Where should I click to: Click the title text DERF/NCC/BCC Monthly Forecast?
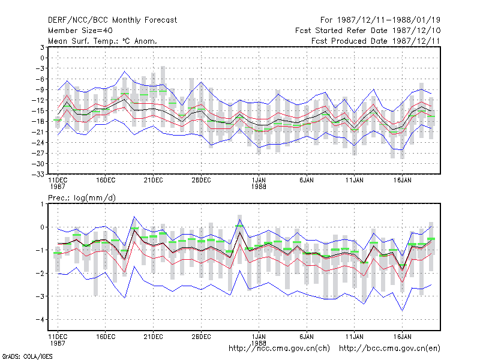[x=112, y=20]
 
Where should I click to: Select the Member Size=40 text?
[x=80, y=31]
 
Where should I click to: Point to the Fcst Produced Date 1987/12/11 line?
[x=376, y=41]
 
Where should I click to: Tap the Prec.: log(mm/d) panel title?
[x=82, y=198]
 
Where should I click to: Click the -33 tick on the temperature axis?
[x=38, y=174]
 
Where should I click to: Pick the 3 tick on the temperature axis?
[x=42, y=47]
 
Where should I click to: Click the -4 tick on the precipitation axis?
[x=40, y=320]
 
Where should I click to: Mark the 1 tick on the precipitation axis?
[x=42, y=204]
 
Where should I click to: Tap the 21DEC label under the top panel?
[x=154, y=181]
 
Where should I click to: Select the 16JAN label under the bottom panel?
[x=402, y=337]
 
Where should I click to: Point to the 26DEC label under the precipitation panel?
[x=201, y=337]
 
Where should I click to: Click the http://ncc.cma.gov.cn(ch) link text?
[x=279, y=349]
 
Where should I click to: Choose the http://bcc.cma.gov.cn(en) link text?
[x=389, y=349]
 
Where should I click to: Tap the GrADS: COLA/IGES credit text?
[x=27, y=356]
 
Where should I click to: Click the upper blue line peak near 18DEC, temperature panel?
[x=125, y=71]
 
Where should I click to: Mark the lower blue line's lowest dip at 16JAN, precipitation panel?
[x=402, y=311]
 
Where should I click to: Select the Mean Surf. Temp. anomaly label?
[x=103, y=41]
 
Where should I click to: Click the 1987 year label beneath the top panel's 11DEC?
[x=58, y=187]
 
